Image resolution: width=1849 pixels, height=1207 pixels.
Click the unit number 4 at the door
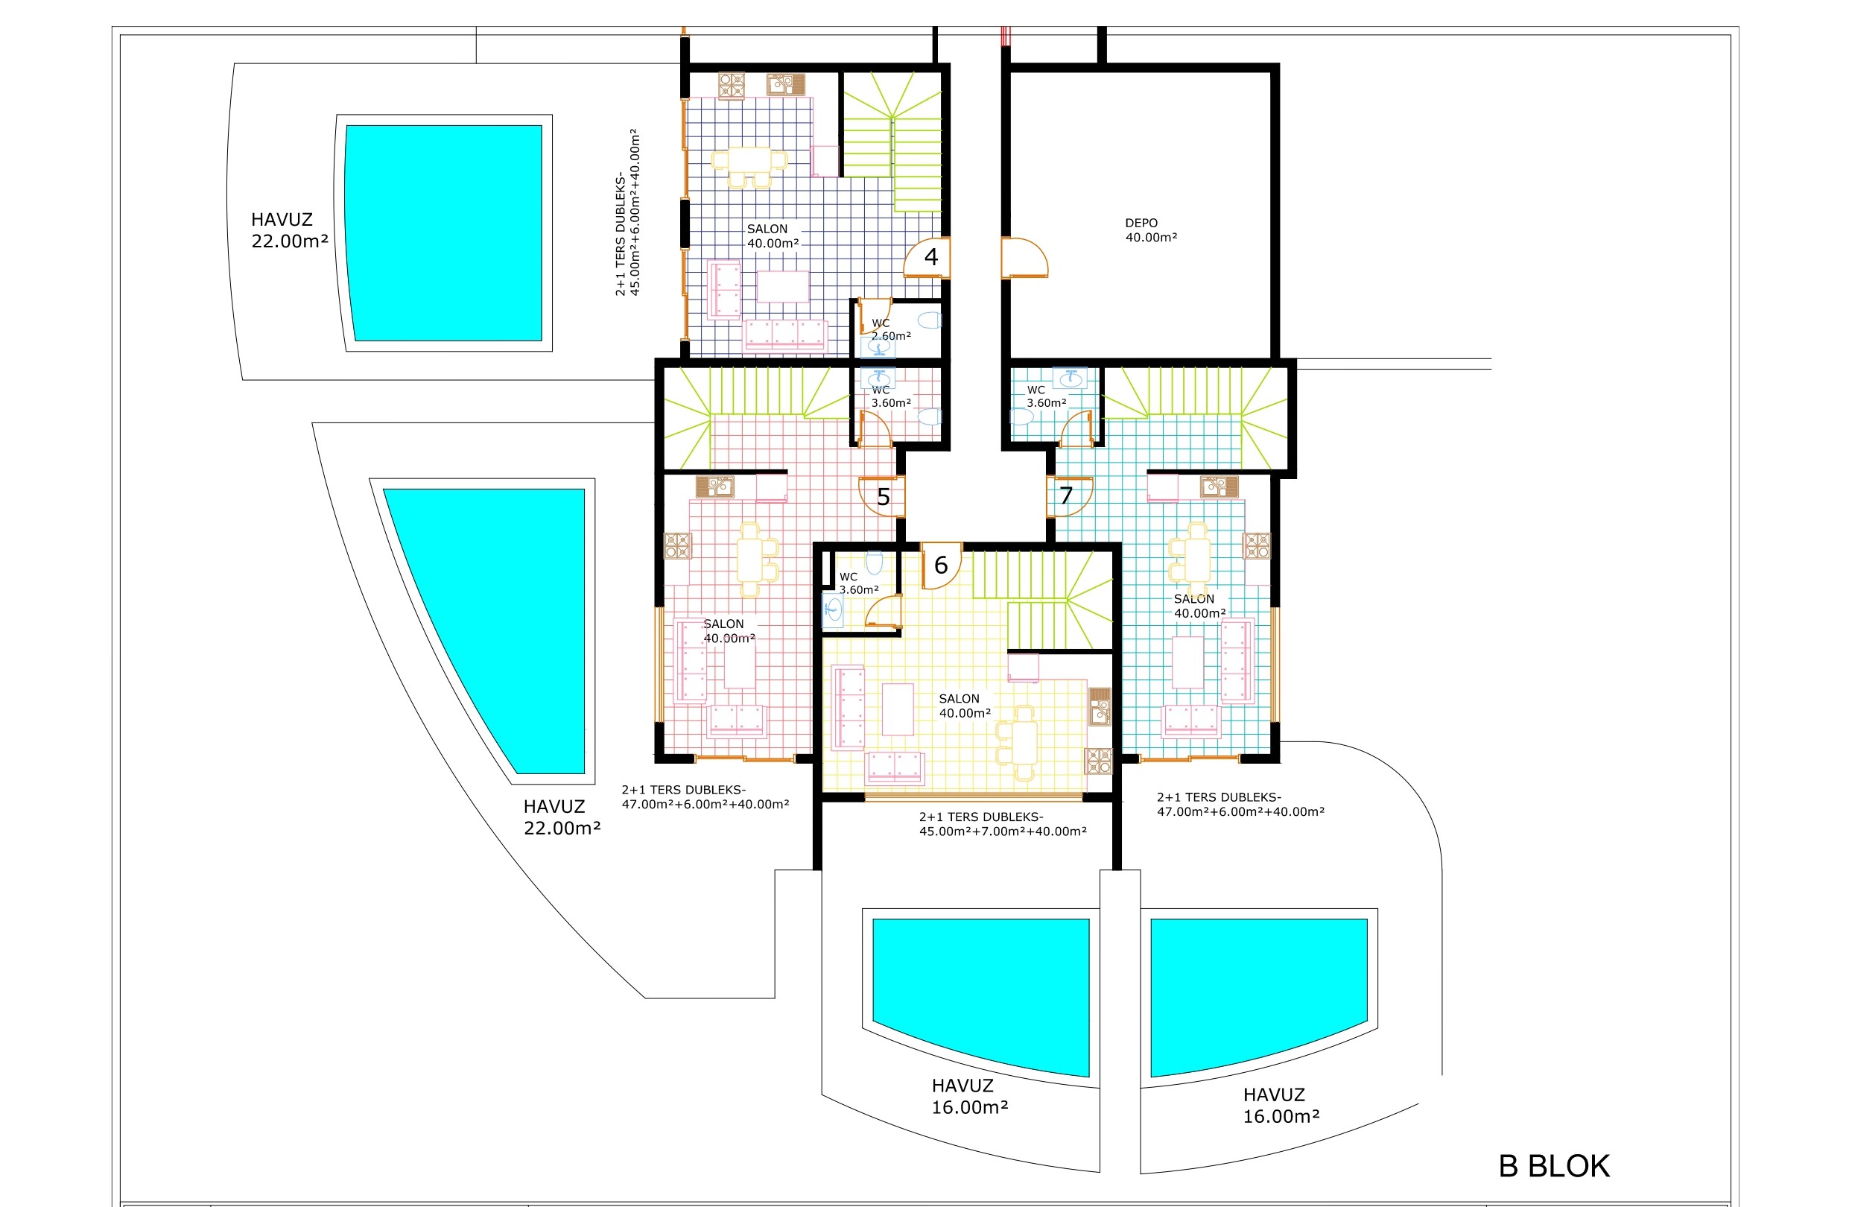930,256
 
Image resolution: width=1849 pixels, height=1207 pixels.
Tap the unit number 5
884,498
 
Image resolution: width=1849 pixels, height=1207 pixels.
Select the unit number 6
941,565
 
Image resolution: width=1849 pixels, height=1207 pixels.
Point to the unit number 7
1066,495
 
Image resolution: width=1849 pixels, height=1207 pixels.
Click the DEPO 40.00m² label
1152,230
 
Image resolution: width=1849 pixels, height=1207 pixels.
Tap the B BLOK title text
1554,1166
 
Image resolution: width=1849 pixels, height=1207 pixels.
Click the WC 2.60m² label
891,329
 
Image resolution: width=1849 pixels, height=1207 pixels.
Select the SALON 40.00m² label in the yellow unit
965,706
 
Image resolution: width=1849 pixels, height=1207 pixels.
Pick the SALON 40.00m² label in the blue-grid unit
773,236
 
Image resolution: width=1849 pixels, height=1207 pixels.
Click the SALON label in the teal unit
1194,599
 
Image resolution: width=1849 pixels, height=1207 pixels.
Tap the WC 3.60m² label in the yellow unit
859,583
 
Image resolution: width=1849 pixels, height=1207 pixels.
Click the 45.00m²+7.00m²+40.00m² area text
1003,831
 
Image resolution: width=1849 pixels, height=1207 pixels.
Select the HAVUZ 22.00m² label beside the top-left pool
290,230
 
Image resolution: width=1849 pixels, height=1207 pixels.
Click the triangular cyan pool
497,622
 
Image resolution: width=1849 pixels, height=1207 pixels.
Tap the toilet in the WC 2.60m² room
929,320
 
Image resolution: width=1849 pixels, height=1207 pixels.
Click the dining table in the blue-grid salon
749,161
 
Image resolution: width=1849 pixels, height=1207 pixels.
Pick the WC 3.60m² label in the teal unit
1047,396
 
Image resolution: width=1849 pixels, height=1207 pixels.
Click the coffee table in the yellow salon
897,709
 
